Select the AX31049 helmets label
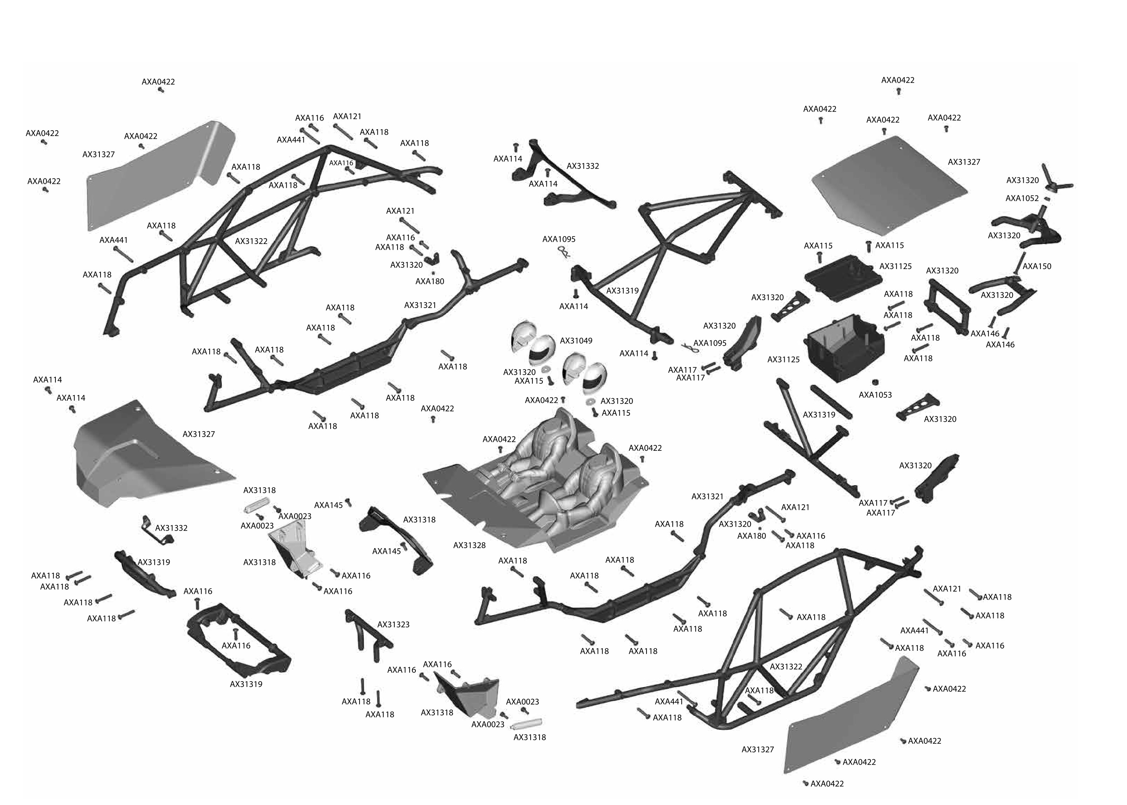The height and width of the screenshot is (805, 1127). tap(576, 341)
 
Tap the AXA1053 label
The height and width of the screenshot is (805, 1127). tap(875, 395)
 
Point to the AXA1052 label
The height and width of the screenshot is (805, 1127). tap(1021, 198)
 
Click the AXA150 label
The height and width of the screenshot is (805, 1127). tap(1036, 266)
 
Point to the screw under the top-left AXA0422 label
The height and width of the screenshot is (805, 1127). tap(161, 90)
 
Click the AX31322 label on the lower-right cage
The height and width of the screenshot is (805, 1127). tap(786, 667)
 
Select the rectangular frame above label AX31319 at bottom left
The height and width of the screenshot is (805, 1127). tap(238, 637)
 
